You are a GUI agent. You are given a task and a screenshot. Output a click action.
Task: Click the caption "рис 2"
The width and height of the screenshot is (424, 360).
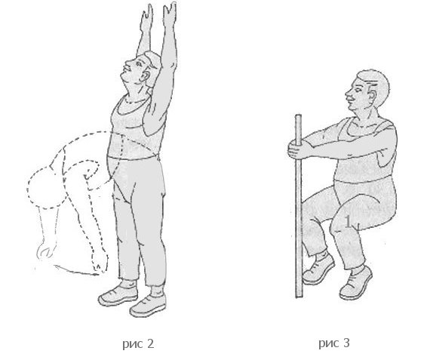click(138, 343)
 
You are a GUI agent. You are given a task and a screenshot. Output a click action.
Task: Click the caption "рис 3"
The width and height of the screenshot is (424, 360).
click(334, 343)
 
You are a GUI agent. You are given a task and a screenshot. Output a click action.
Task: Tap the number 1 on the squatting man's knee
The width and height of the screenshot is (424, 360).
click(348, 222)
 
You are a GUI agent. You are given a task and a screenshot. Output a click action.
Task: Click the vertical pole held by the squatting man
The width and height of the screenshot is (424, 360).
click(299, 206)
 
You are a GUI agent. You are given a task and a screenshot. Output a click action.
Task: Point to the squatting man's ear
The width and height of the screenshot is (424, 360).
click(373, 95)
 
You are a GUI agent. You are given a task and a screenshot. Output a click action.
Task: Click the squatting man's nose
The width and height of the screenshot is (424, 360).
click(348, 95)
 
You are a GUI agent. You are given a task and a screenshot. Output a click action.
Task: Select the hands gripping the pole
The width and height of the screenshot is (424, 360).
click(296, 149)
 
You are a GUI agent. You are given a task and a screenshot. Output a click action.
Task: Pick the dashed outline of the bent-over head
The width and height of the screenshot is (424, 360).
click(43, 186)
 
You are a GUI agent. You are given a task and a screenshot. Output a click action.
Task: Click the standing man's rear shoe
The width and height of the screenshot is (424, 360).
click(118, 295)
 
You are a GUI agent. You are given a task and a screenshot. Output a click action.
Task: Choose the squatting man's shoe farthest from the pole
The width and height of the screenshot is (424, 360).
click(355, 284)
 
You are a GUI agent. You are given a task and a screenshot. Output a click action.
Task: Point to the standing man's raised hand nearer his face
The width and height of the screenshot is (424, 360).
click(146, 17)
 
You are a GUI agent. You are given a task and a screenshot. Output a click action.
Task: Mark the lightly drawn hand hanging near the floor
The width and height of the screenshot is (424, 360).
click(46, 250)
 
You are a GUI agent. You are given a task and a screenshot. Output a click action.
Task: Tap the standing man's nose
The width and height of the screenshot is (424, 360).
click(127, 65)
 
